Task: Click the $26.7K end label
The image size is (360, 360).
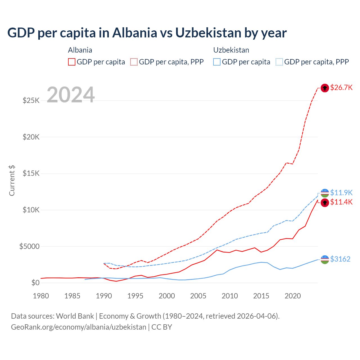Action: tap(341, 87)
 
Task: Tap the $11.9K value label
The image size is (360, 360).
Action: tap(341, 193)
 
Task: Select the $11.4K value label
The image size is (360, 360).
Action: tap(341, 202)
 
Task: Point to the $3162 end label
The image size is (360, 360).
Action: tap(340, 259)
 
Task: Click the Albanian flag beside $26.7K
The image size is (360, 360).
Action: tap(325, 88)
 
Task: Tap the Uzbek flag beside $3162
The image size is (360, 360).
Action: tap(325, 260)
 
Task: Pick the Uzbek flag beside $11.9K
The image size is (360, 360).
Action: tap(325, 193)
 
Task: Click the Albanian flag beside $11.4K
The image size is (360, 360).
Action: tap(325, 202)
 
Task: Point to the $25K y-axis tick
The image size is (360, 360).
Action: tap(31, 100)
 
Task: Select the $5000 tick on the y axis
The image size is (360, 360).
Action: tap(29, 247)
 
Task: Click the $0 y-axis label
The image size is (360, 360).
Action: tap(35, 283)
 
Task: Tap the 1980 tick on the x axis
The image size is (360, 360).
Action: tap(41, 296)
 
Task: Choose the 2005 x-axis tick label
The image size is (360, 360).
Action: tap(198, 296)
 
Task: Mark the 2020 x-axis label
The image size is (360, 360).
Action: tap(293, 296)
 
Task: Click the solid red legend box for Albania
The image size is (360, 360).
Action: tap(72, 62)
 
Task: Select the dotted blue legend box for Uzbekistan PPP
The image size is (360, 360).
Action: tap(279, 62)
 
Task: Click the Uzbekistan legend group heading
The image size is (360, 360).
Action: tap(231, 50)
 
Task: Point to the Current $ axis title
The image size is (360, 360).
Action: tap(12, 181)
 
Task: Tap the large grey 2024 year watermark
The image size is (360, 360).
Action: tap(71, 95)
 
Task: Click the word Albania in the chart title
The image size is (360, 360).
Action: tap(134, 33)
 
